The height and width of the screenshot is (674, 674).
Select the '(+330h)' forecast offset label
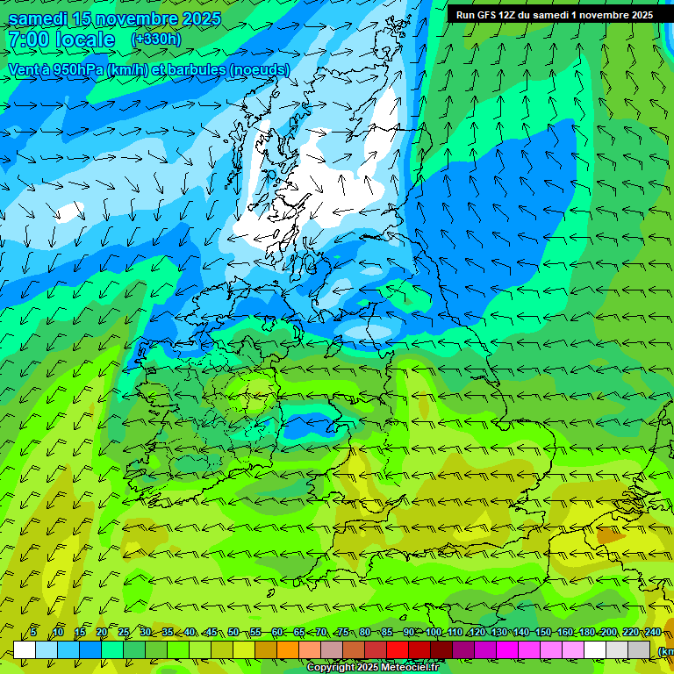(156, 39)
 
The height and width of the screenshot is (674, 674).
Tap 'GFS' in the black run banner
(489, 15)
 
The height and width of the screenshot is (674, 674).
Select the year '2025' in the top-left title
(197, 19)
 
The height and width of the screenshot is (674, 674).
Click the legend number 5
(33, 633)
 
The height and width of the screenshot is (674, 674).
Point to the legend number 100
(434, 633)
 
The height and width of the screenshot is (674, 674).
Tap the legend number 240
(653, 633)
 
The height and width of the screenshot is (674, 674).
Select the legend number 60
(277, 633)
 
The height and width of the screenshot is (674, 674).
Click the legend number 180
(587, 633)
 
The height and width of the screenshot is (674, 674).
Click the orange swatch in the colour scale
(288, 649)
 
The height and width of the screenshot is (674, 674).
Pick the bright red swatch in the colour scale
(398, 649)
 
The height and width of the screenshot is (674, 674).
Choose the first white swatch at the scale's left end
(25, 649)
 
